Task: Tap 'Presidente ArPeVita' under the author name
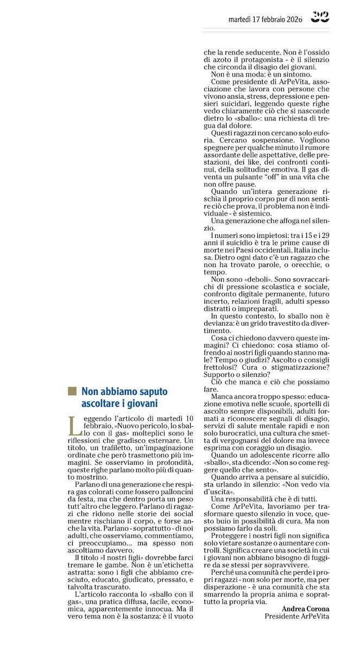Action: click(296, 616)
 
